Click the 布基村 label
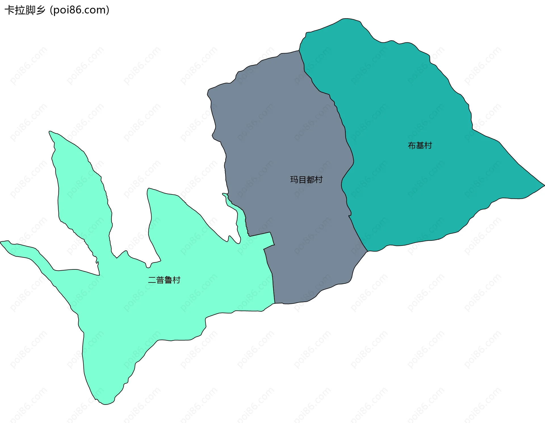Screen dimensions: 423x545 (420, 146)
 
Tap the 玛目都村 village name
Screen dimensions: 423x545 (306, 180)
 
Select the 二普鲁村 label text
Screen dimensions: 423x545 (164, 280)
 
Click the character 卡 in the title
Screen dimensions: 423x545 (10, 10)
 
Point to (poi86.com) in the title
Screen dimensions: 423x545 (79, 10)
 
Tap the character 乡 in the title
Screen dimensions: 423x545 (40, 10)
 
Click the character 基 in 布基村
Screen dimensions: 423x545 (420, 146)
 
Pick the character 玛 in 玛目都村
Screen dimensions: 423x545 (294, 180)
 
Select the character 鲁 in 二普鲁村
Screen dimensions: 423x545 (168, 280)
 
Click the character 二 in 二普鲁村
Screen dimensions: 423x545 (152, 280)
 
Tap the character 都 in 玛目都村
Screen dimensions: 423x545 (311, 180)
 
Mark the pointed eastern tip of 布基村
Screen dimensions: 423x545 (544, 185)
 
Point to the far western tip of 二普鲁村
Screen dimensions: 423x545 (1, 242)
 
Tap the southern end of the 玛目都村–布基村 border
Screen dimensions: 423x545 (368, 251)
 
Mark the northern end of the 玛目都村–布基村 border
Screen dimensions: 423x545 (299, 51)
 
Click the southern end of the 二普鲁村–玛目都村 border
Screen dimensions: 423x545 (275, 303)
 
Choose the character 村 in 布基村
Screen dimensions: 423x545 (428, 146)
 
